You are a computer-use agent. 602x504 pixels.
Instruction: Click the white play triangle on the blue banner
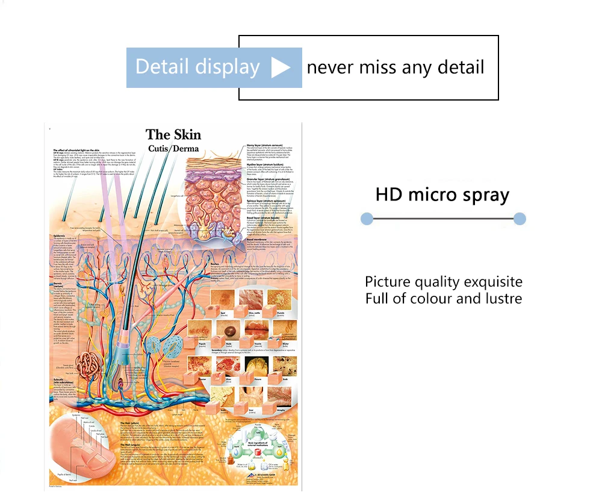[x=281, y=67]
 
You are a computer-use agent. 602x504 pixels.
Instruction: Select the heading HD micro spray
[x=442, y=194]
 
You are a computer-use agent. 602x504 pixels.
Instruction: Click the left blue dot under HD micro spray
[x=366, y=219]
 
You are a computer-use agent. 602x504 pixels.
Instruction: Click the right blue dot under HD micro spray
[x=520, y=219]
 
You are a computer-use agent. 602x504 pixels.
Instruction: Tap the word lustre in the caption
[x=500, y=298]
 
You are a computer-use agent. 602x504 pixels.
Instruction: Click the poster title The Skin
[x=173, y=134]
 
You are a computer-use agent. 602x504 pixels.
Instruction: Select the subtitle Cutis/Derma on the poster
[x=173, y=148]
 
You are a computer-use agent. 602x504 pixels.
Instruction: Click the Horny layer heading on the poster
[x=265, y=146]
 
